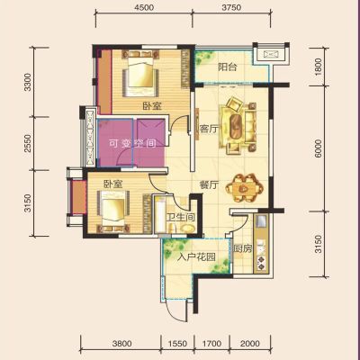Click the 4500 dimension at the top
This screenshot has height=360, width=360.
[144, 8]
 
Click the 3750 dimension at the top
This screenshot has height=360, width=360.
[232, 8]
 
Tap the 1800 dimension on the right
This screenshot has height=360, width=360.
[319, 67]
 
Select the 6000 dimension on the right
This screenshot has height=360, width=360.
[319, 148]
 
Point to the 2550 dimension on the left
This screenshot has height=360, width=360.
[28, 143]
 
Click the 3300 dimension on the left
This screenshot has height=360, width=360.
[28, 82]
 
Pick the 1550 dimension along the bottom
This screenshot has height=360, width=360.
[177, 343]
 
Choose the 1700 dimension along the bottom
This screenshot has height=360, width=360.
[211, 343]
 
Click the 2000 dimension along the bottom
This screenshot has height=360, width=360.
[250, 343]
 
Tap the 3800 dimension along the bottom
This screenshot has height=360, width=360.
[121, 343]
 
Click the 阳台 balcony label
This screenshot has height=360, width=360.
[228, 67]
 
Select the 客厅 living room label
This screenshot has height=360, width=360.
[209, 130]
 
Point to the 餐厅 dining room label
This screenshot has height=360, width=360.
[209, 185]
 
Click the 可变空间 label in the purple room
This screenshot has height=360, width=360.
[132, 143]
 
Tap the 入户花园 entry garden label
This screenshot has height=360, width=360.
[196, 257]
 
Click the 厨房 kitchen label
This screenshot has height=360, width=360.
[243, 248]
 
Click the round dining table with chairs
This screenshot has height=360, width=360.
[244, 188]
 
